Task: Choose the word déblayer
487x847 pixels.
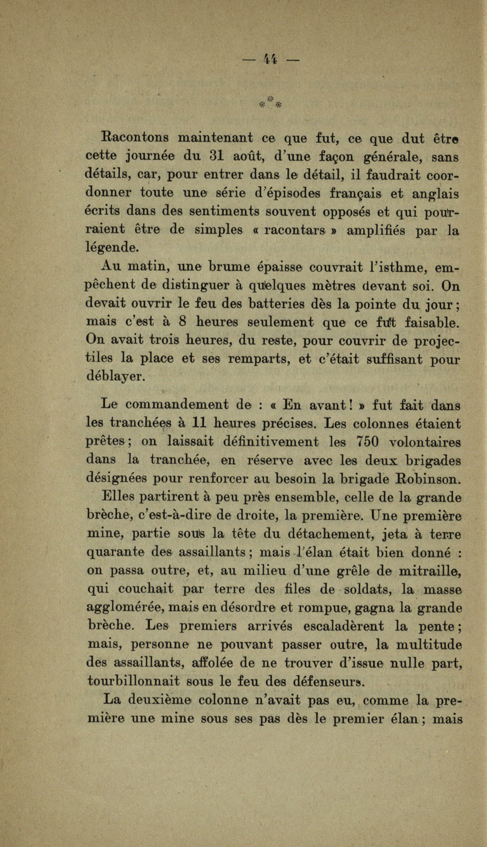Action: [114, 377]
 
